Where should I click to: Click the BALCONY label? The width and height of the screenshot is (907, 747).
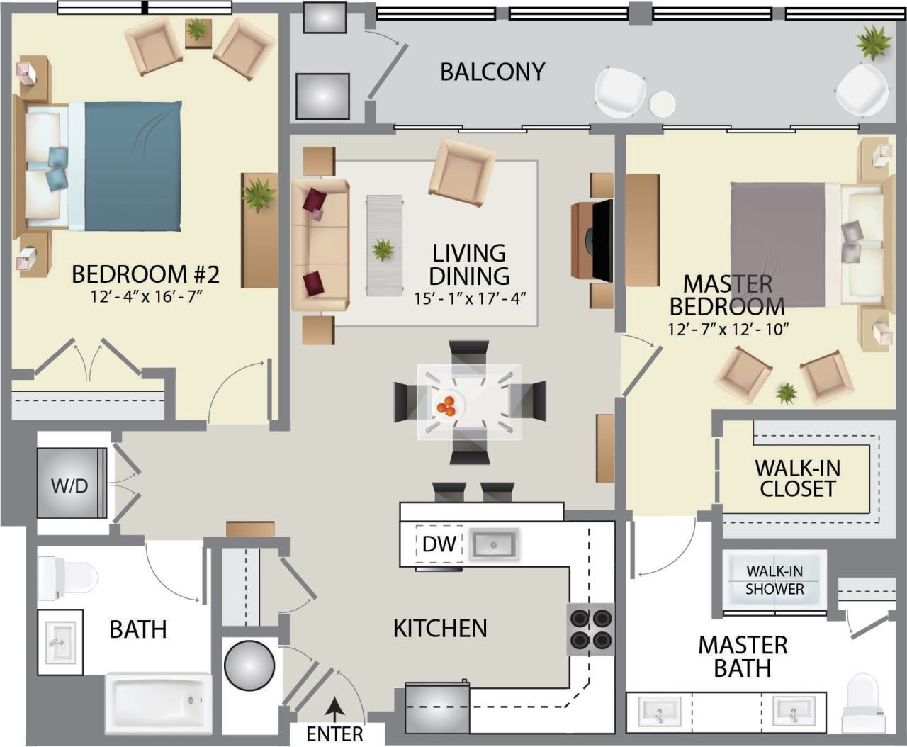click(x=492, y=72)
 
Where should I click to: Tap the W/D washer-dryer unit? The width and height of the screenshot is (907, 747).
click(x=70, y=485)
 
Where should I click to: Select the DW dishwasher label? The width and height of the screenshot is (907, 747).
click(x=439, y=544)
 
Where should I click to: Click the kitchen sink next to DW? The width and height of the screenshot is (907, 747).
click(x=495, y=544)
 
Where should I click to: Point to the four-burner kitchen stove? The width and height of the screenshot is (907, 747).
click(x=591, y=629)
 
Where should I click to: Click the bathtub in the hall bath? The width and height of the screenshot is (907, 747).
click(x=158, y=703)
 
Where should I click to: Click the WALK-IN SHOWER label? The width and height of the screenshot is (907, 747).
click(x=774, y=580)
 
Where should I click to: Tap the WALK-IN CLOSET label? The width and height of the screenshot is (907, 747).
click(x=797, y=478)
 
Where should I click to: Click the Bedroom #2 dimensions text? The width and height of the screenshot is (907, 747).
click(x=147, y=296)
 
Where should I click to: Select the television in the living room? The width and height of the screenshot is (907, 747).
click(x=601, y=240)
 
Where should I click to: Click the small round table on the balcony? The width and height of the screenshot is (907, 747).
click(x=663, y=104)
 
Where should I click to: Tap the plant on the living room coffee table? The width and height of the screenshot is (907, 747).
click(x=383, y=249)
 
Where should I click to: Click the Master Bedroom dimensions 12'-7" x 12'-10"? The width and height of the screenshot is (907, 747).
click(x=728, y=330)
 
